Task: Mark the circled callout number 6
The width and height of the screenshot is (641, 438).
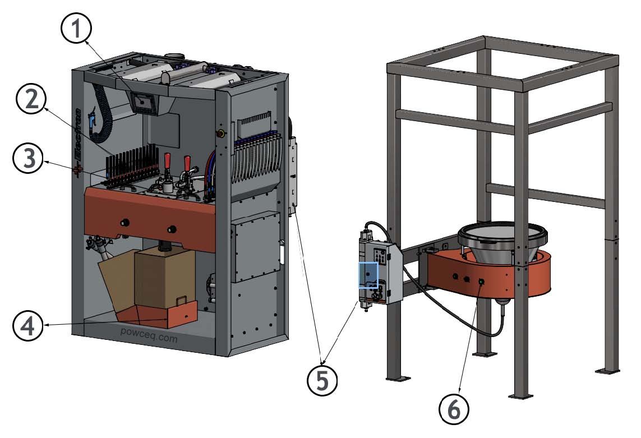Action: (454, 408)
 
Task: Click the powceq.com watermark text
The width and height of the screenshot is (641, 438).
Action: (149, 338)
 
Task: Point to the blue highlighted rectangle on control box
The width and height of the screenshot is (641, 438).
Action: (368, 275)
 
